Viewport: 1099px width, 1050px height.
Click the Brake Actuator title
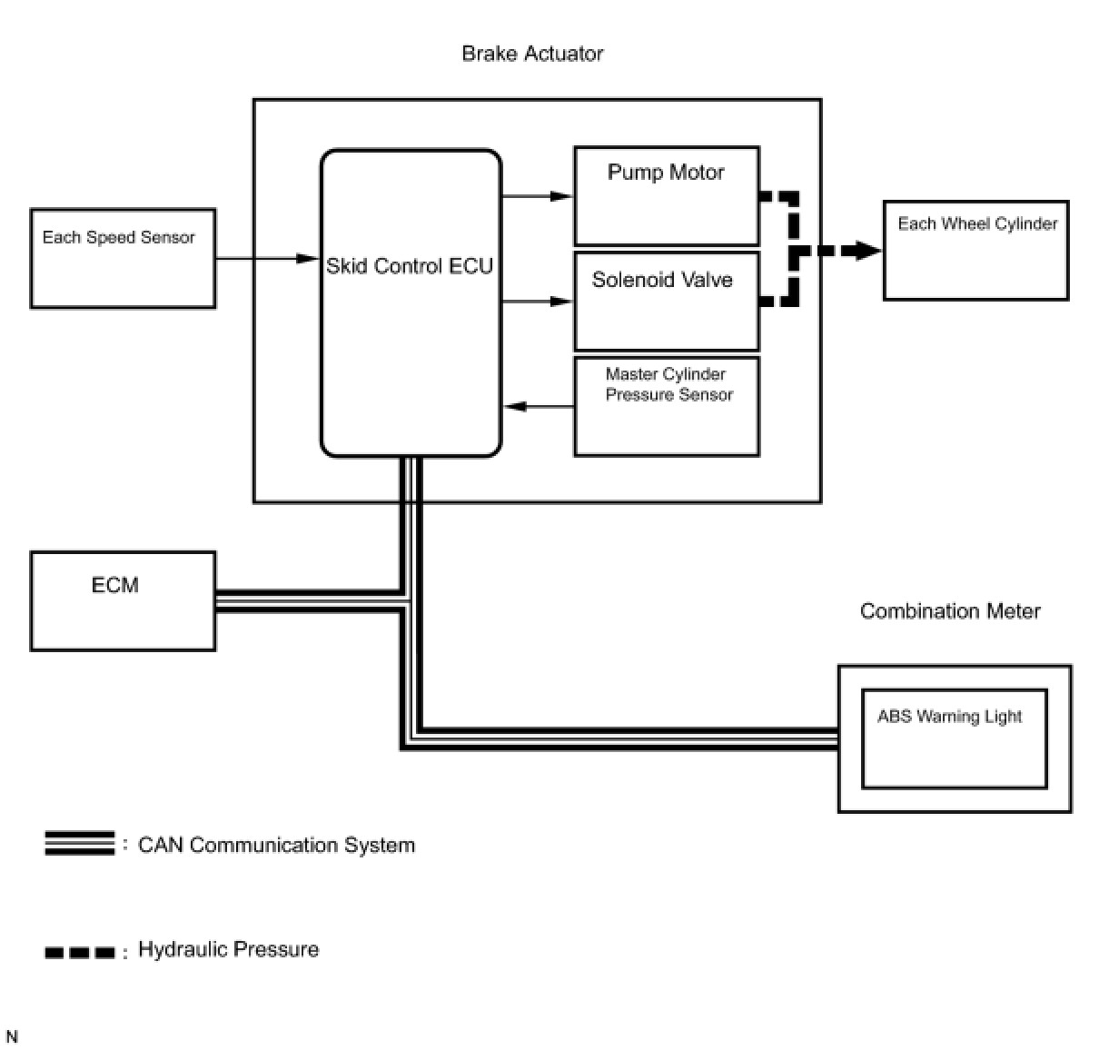[532, 54]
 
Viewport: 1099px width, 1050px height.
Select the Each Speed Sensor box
[123, 259]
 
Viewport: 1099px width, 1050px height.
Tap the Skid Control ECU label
[410, 266]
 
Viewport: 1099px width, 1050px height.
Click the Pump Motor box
[666, 196]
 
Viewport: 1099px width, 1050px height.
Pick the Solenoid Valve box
[666, 302]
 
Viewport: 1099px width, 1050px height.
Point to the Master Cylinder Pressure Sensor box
[667, 406]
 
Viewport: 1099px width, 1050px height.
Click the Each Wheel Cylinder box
[975, 251]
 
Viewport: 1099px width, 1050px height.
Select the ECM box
[123, 600]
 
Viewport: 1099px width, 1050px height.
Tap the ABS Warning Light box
[954, 738]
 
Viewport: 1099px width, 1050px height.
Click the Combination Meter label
[950, 611]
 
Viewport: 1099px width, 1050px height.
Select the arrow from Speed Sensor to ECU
[267, 259]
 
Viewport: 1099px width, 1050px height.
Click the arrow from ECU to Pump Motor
[537, 196]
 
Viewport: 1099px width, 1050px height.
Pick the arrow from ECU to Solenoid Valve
[537, 302]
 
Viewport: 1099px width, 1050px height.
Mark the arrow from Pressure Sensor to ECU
[539, 406]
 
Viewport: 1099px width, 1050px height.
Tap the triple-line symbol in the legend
[80, 844]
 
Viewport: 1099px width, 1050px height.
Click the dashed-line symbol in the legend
[80, 953]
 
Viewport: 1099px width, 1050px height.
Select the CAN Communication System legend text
[276, 846]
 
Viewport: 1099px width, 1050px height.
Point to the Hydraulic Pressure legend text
[228, 950]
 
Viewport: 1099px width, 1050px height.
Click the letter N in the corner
[12, 1037]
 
